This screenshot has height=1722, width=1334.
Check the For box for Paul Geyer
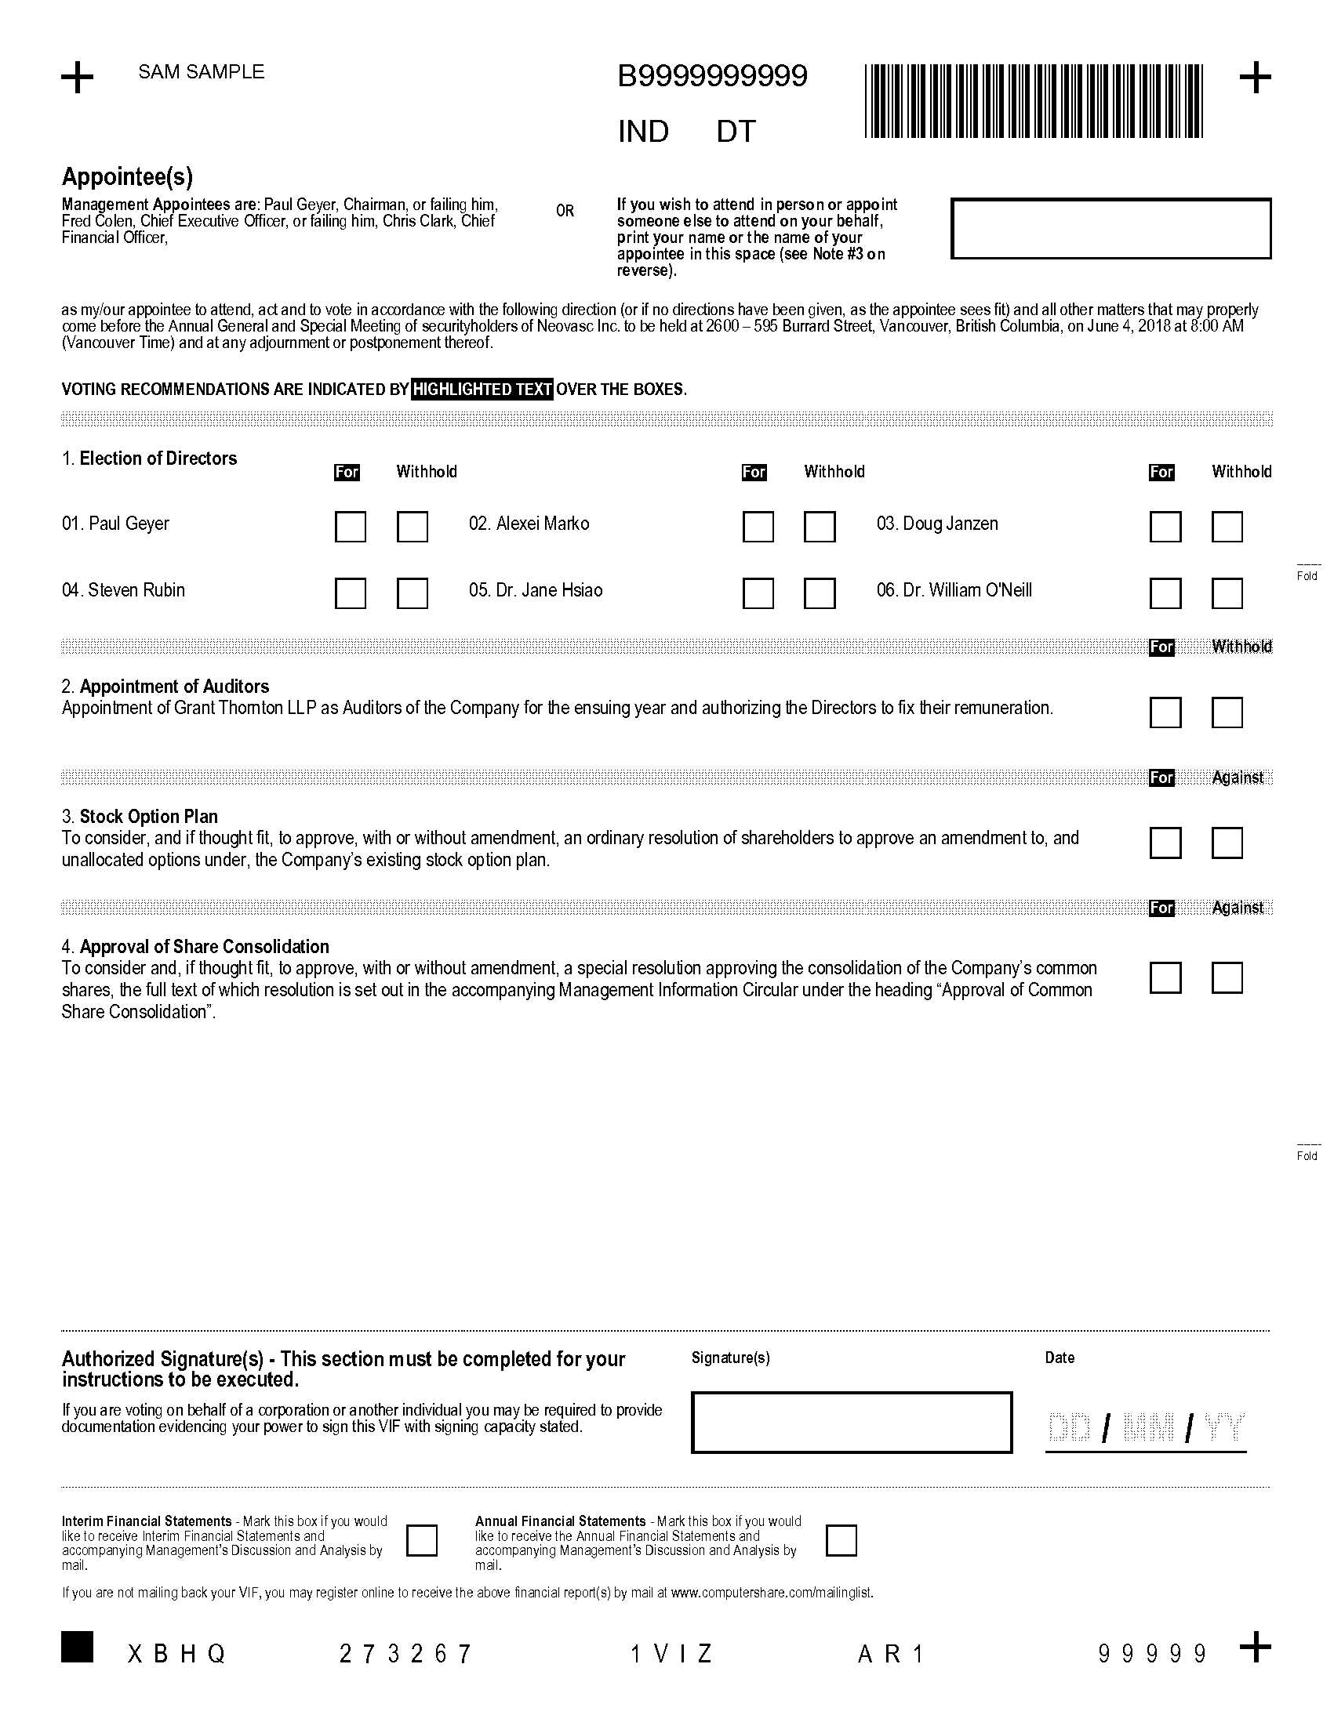350,527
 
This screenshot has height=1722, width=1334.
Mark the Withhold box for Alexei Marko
819,527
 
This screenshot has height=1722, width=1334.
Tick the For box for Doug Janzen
1165,527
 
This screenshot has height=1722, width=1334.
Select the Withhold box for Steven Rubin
412,593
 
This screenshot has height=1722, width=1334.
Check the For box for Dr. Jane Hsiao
758,593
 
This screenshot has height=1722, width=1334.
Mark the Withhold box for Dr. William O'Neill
1227,593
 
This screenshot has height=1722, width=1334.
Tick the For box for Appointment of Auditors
1165,712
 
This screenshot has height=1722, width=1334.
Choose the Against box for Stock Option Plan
1227,842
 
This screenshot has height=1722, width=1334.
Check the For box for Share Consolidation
1165,977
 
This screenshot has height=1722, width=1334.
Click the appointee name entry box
1110,229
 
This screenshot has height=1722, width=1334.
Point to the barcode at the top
1034,102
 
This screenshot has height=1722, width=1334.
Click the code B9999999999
711,77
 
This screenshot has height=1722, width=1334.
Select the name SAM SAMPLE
202,72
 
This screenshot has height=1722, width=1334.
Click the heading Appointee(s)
127,176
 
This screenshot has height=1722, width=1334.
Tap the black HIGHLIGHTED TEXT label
482,390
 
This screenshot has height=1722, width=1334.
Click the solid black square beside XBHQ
78,1646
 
